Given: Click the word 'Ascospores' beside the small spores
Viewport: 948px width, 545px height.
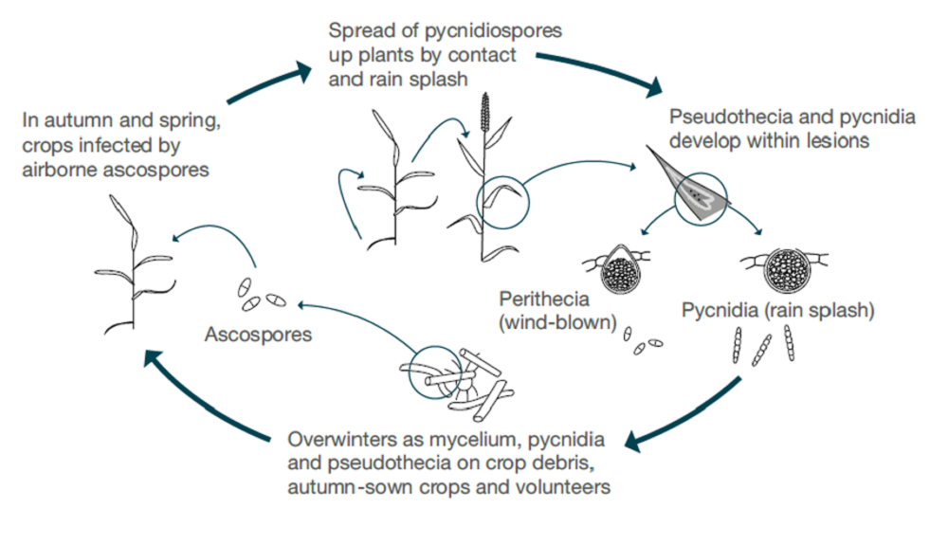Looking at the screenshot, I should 259,335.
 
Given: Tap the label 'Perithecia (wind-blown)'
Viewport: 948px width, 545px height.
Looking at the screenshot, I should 557,312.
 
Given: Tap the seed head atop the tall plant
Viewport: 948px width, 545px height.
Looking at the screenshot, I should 485,114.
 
